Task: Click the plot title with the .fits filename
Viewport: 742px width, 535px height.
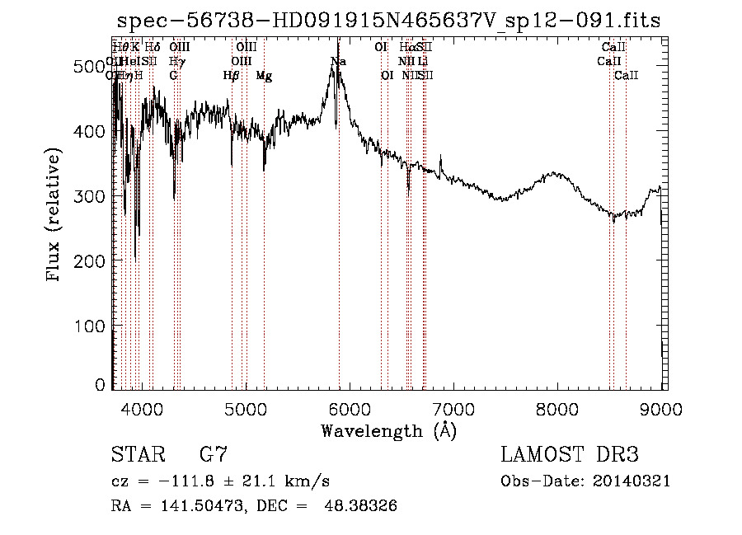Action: [x=389, y=21]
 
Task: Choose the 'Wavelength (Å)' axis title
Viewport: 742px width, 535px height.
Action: [x=388, y=430]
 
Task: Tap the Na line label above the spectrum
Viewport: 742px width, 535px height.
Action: [x=338, y=62]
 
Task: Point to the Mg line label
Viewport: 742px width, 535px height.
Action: [x=264, y=76]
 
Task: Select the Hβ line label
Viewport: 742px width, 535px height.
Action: [x=232, y=76]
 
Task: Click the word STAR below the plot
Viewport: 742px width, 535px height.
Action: [x=134, y=455]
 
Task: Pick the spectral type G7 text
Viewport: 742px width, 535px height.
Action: [x=214, y=455]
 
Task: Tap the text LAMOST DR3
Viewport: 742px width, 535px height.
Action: [x=570, y=455]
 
